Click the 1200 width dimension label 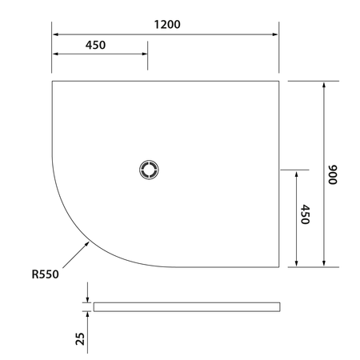[167, 25]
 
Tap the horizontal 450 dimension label [95, 45]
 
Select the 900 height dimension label [333, 174]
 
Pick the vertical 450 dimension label [306, 214]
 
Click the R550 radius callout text [45, 274]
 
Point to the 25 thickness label [80, 338]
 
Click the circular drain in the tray [149, 170]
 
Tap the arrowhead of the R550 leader [87, 244]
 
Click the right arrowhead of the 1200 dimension [275, 34]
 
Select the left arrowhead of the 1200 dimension [56, 34]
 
